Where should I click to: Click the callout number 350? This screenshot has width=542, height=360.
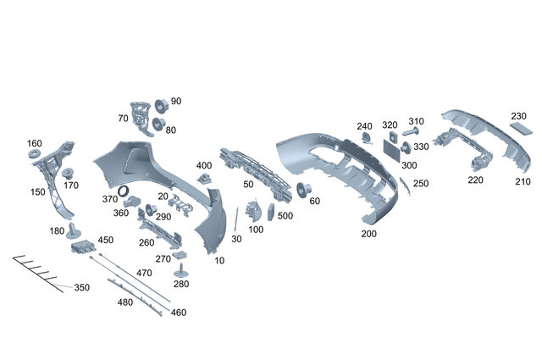(x=81, y=288)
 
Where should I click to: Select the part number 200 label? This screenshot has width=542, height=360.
(x=368, y=234)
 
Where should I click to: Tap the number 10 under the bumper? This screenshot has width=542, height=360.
(x=220, y=261)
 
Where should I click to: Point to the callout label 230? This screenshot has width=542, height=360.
(x=518, y=116)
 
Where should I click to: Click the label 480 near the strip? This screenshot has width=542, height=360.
(x=125, y=302)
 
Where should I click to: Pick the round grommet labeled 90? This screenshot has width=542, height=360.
(x=162, y=106)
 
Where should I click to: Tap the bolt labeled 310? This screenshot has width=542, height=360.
(x=412, y=132)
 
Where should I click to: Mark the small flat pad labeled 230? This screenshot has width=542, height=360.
(x=519, y=130)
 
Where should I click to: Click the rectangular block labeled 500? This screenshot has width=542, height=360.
(x=271, y=213)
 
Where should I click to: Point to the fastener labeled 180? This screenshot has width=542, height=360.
(x=74, y=229)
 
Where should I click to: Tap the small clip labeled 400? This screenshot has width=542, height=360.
(x=204, y=177)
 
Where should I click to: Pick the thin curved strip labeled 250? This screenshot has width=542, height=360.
(x=405, y=185)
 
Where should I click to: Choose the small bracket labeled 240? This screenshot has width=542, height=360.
(x=366, y=137)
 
